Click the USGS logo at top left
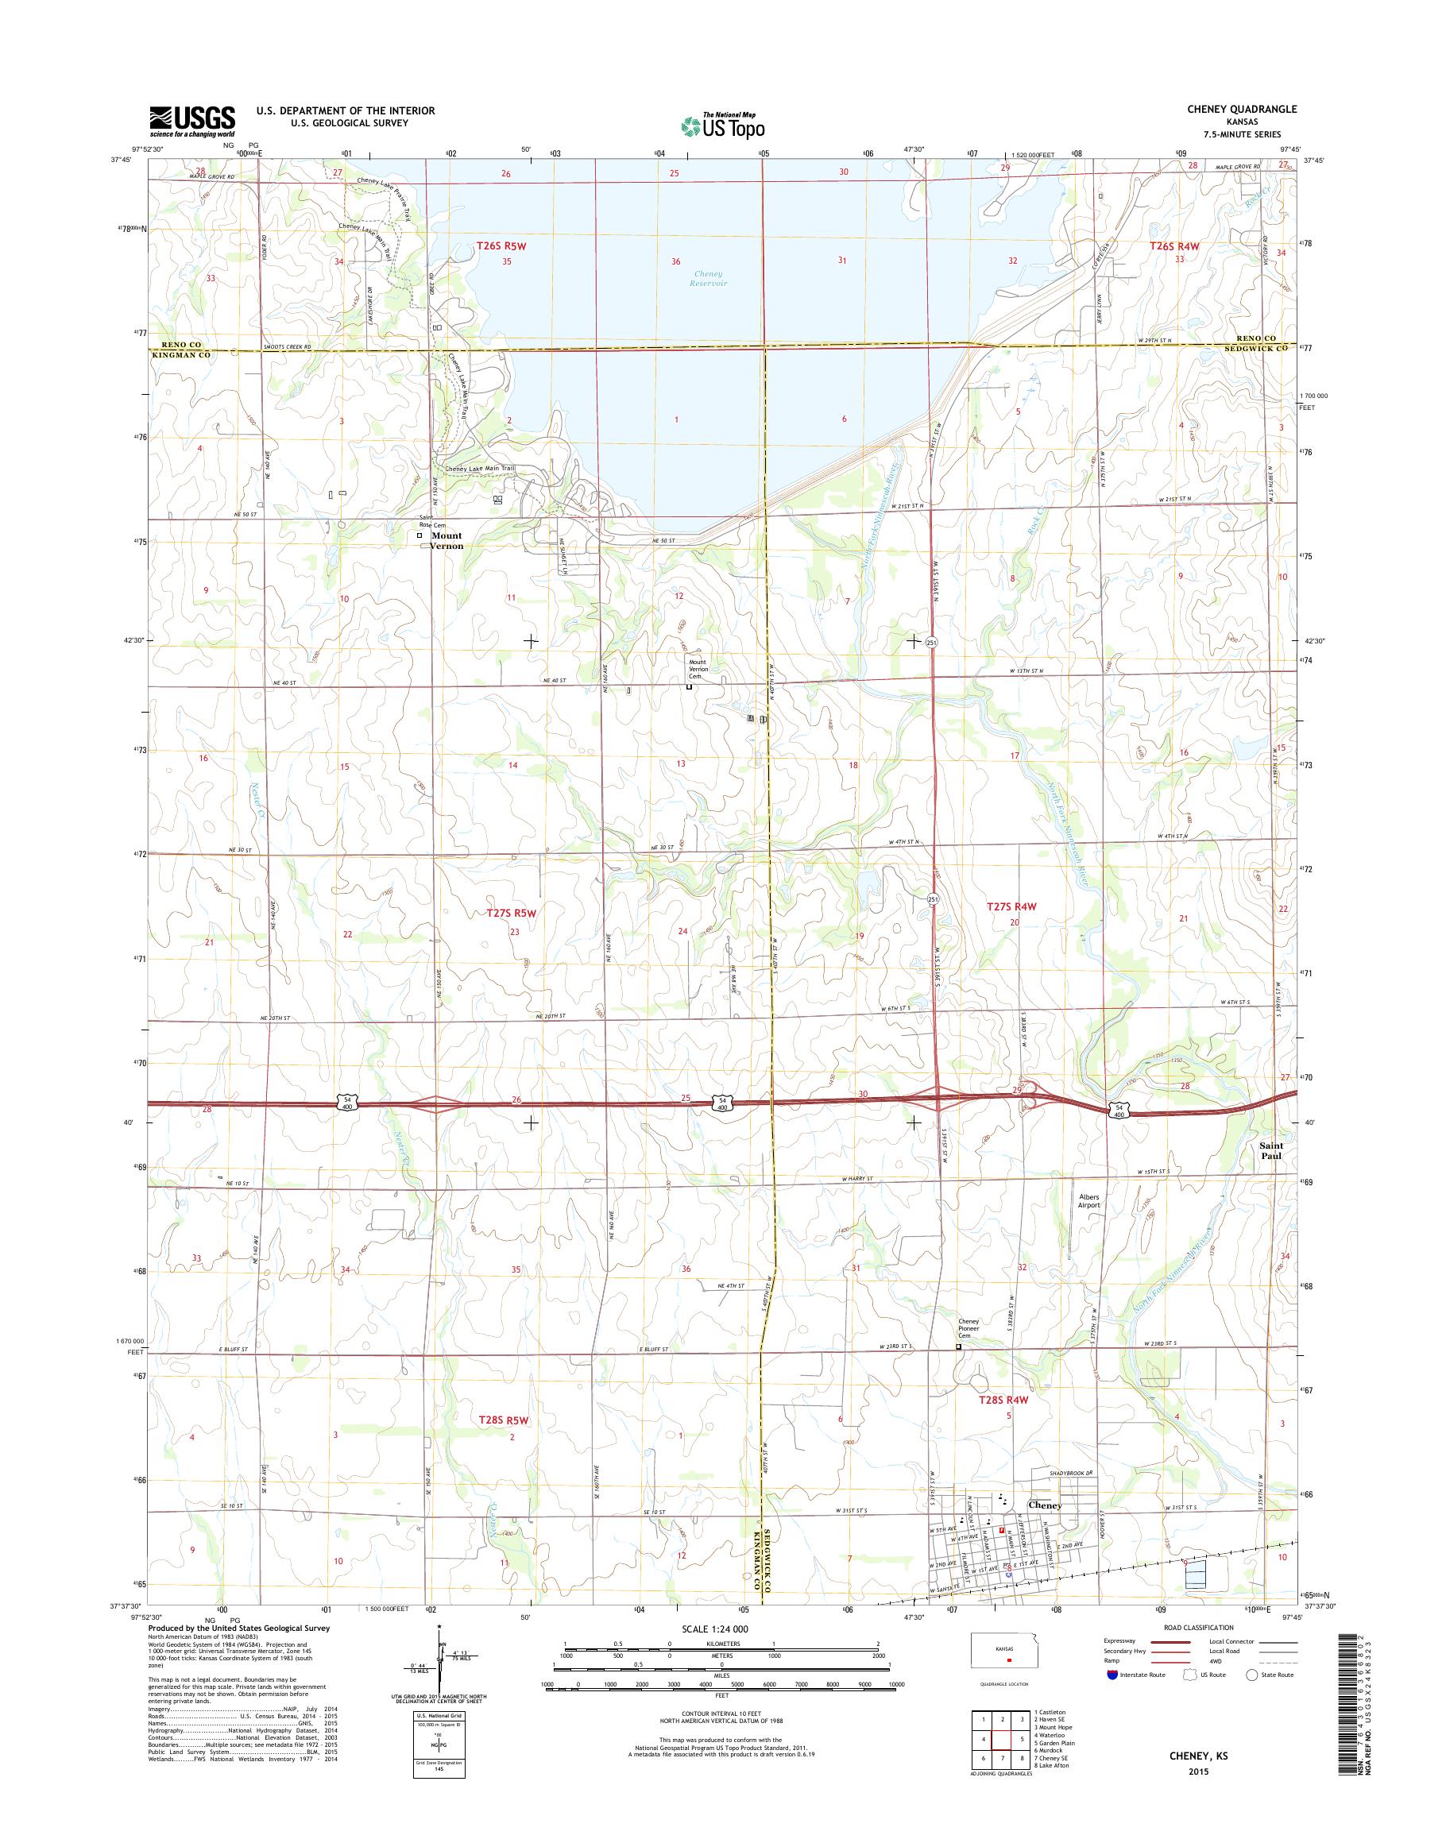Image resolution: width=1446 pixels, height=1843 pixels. (x=192, y=122)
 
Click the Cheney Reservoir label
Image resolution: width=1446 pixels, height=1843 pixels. (x=709, y=279)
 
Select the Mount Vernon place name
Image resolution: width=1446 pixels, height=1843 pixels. (x=447, y=540)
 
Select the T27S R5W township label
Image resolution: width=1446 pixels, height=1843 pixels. (x=512, y=914)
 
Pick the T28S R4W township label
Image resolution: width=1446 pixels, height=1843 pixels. (x=1003, y=1400)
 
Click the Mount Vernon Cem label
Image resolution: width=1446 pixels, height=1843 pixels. (x=697, y=669)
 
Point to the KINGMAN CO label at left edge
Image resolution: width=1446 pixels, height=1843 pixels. (x=180, y=356)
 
